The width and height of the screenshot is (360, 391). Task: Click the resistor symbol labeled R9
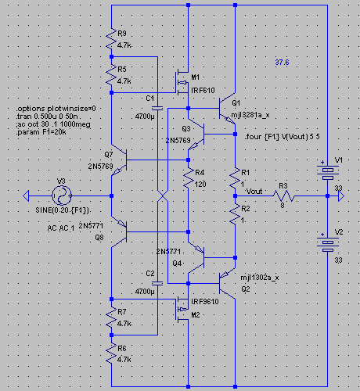tap(111, 38)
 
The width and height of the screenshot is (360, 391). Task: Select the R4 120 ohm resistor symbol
tap(189, 178)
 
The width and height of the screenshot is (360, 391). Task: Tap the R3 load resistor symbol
tap(284, 196)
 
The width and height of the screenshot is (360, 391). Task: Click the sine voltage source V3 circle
tap(62, 195)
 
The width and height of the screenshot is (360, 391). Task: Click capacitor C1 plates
tap(157, 108)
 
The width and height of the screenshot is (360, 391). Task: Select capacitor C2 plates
tap(157, 283)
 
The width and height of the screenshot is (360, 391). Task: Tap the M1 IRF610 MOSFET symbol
tap(182, 82)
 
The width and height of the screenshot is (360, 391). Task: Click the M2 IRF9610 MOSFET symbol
tap(182, 309)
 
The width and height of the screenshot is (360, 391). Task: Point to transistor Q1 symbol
tap(227, 108)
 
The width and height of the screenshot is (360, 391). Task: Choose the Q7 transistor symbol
tap(119, 160)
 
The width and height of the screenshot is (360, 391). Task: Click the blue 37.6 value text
tap(282, 63)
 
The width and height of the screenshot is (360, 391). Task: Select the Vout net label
tap(254, 192)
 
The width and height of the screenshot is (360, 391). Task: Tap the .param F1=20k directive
tap(41, 132)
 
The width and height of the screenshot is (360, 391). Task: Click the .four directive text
tap(283, 137)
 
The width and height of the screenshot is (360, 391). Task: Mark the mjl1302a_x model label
tap(260, 278)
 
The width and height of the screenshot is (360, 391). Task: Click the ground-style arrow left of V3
tap(26, 195)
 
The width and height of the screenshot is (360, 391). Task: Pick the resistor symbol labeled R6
tap(111, 353)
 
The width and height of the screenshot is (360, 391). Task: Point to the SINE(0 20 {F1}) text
tap(63, 210)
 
